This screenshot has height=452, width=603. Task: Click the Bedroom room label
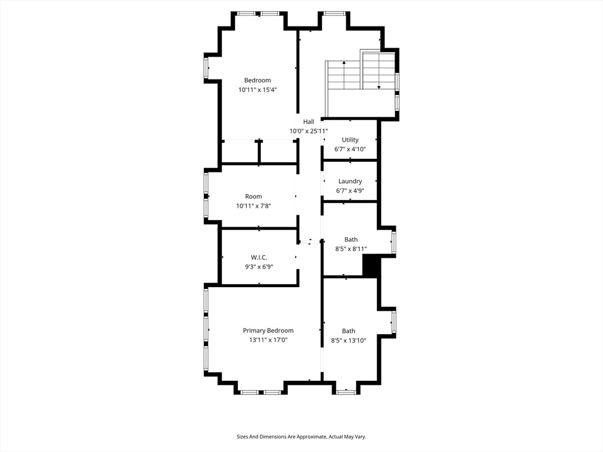tap(257, 80)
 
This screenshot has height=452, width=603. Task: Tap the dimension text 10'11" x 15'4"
tap(257, 90)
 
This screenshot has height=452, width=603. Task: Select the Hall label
tap(309, 122)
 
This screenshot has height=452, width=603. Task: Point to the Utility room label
tap(350, 140)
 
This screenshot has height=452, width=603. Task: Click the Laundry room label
tap(350, 181)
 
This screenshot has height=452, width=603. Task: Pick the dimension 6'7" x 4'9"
tap(350, 191)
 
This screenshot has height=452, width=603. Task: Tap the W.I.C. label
tap(259, 258)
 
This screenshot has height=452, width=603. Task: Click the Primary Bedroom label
tap(268, 331)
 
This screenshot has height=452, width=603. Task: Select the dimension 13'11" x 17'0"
tap(268, 340)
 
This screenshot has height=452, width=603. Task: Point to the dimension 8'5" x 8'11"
tap(351, 249)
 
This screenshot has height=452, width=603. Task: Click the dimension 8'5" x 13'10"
tap(349, 340)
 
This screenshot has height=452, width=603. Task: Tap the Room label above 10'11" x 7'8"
tap(253, 197)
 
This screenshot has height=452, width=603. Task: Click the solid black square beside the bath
tap(371, 267)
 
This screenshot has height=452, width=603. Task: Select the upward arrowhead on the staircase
tap(344, 62)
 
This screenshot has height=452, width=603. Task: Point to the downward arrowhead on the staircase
tap(379, 87)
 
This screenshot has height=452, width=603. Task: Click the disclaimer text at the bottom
tap(301, 437)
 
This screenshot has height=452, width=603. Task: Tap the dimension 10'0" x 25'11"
tap(309, 131)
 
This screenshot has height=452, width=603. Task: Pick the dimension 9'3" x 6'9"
tap(259, 267)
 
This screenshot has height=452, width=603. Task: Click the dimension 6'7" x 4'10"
tap(350, 149)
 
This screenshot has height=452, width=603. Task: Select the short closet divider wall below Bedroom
tap(259, 152)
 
